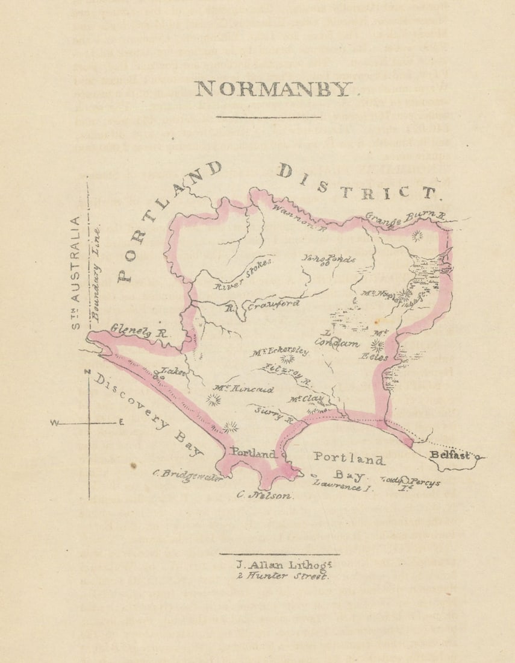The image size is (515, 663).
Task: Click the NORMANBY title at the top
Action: click(x=273, y=89)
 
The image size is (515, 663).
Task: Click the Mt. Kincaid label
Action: click(x=243, y=390)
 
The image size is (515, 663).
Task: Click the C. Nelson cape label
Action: click(x=264, y=495)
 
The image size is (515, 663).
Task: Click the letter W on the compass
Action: click(x=54, y=423)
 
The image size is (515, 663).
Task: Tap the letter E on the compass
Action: click(x=121, y=423)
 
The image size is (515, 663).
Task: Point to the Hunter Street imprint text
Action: click(x=279, y=576)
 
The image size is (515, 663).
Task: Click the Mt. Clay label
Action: click(x=305, y=399)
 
